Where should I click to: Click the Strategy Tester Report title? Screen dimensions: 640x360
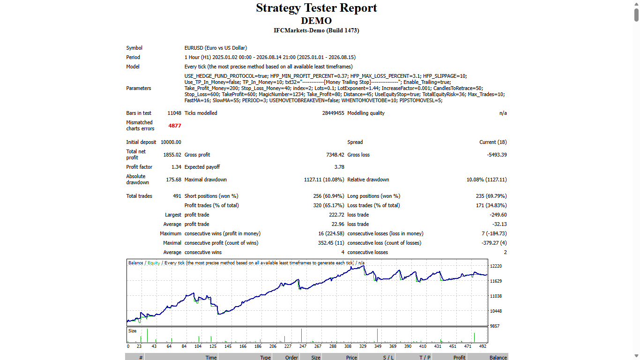(316, 8)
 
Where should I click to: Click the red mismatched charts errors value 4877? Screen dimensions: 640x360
(175, 126)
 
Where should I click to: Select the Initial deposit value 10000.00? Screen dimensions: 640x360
(171, 142)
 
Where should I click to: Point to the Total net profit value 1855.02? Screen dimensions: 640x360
(172, 155)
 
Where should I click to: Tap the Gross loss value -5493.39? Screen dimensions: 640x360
(497, 155)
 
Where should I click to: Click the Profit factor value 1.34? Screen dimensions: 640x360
(176, 167)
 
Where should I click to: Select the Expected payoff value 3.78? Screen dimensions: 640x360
(339, 167)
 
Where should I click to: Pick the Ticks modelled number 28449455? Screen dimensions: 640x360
(333, 113)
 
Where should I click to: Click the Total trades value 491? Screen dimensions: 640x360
(177, 196)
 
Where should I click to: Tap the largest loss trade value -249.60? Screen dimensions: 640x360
(498, 215)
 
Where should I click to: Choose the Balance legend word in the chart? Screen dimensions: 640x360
(136, 263)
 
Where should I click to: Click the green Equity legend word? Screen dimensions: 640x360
(154, 263)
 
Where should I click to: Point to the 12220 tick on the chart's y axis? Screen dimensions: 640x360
(496, 266)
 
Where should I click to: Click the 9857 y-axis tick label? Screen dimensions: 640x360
(494, 326)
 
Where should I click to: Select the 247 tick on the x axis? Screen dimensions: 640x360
(303, 346)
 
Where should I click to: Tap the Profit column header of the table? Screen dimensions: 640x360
(459, 358)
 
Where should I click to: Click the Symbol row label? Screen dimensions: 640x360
(134, 48)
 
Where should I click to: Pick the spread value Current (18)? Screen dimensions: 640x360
(493, 142)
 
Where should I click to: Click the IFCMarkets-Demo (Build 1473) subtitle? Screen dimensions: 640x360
(316, 30)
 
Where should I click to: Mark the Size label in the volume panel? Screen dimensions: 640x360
(132, 331)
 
